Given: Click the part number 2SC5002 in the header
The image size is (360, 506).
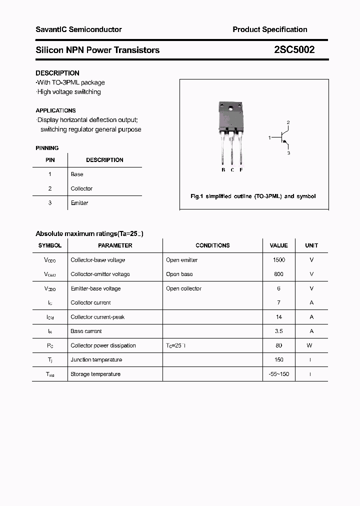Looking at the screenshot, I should point(294,50).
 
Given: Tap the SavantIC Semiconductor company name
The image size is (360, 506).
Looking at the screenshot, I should point(78,29).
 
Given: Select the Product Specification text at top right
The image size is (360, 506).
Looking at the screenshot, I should point(270,29).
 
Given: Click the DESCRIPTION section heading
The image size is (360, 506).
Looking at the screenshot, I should point(57,73).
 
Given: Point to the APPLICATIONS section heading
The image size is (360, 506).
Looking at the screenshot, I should point(56,110).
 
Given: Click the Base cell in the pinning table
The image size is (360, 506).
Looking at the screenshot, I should point(77,174).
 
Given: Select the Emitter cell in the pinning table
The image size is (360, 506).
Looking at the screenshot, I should point(79,203).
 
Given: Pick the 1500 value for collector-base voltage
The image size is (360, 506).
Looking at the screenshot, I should point(279,260).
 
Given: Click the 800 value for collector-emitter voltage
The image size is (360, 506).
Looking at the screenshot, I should point(279,274).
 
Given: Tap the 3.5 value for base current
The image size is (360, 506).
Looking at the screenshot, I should point(279,331).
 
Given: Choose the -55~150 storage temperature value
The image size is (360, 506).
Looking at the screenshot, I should point(279,374).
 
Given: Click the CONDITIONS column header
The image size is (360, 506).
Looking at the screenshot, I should point(212,245).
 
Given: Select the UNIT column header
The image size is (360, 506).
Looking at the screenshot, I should point(311,245).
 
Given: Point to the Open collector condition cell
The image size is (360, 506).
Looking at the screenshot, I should point(183,288).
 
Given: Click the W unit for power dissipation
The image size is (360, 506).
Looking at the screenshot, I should point(311,345).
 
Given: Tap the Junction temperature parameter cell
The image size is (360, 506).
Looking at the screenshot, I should point(96,359).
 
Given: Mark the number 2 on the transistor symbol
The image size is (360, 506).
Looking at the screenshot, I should point(288,122).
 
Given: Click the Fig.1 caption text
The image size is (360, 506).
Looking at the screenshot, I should point(253,196).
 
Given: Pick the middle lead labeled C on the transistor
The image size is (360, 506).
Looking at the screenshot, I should point(232,150).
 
